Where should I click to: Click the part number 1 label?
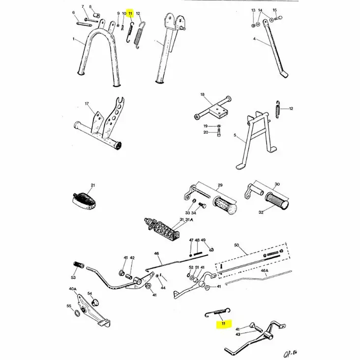74,39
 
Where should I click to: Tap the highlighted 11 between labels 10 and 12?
130,14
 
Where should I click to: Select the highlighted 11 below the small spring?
223,323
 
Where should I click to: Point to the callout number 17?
87,104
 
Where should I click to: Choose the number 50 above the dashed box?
236,244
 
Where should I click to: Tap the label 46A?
265,270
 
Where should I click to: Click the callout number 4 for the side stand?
254,39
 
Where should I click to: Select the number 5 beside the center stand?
235,135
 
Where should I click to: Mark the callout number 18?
202,94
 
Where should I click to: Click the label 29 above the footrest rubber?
220,185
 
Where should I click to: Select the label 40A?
72,289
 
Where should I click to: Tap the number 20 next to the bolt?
206,132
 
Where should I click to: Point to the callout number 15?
274,10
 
